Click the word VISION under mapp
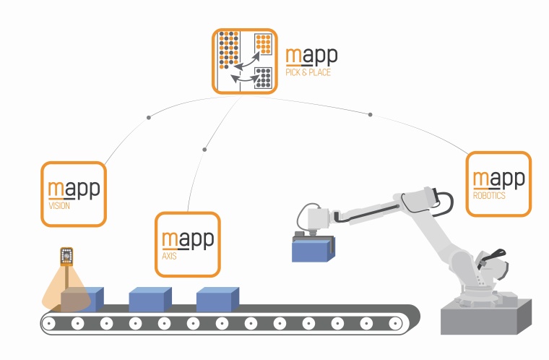(x=59, y=206)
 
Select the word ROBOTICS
(x=489, y=196)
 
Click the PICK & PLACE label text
(x=308, y=73)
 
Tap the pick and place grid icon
(x=245, y=61)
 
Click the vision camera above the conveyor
(x=66, y=256)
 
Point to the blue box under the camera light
(x=82, y=299)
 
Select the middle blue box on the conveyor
(x=150, y=299)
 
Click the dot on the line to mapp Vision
(x=149, y=116)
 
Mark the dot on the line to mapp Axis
(x=204, y=150)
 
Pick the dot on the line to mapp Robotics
(x=371, y=114)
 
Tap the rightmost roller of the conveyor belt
(x=396, y=323)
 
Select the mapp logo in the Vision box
(x=74, y=189)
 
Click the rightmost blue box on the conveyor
(x=217, y=299)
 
